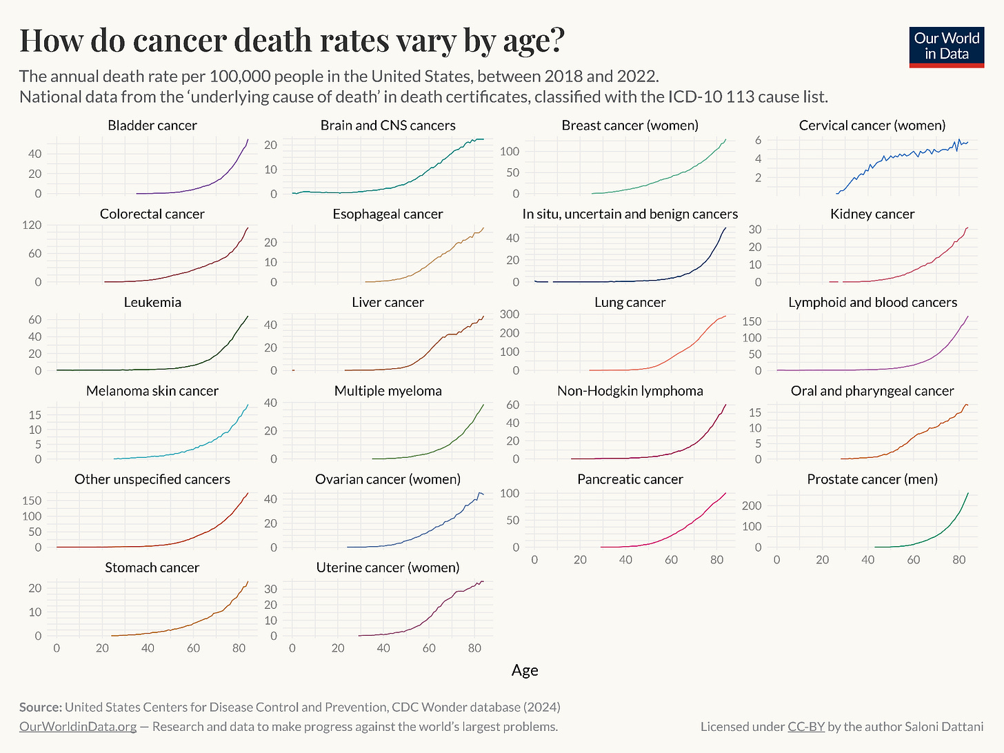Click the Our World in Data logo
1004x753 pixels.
point(946,46)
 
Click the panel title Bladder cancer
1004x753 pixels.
point(152,125)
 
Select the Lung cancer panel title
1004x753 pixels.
point(630,303)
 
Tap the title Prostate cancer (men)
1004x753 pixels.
point(872,479)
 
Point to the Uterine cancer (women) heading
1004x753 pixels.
point(388,568)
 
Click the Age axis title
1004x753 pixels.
point(525,670)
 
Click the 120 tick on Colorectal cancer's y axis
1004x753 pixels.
point(33,225)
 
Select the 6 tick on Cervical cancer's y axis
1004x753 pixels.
point(758,140)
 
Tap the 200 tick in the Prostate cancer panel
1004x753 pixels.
point(751,505)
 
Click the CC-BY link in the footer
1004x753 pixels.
point(805,727)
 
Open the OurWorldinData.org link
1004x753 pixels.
point(77,727)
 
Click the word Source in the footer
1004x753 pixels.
point(40,707)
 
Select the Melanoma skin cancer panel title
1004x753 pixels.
point(152,391)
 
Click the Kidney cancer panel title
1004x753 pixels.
point(872,214)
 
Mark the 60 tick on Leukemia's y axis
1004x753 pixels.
point(34,320)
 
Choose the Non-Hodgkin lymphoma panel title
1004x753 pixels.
point(630,391)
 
